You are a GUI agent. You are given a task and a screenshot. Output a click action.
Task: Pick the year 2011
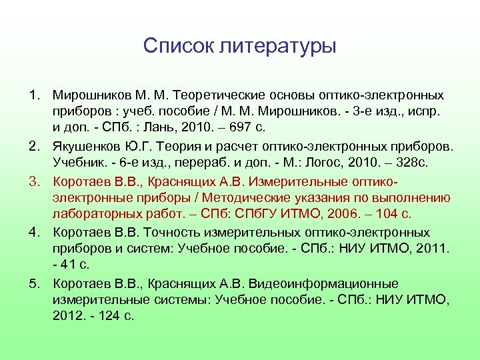point(434,248)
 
